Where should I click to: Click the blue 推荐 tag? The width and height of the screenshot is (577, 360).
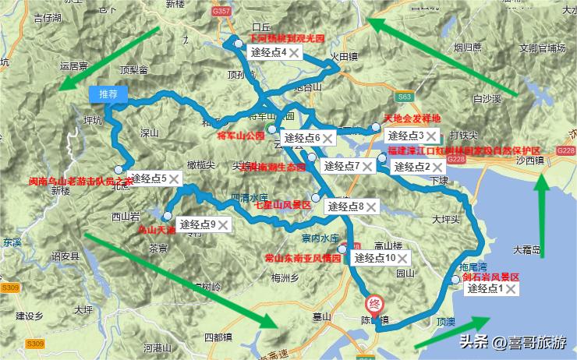[x=108, y=94]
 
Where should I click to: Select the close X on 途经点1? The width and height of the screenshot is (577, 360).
[x=510, y=289]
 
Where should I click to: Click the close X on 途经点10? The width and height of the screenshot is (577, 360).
[x=402, y=258]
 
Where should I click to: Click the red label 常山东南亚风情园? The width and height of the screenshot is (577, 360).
[x=303, y=256]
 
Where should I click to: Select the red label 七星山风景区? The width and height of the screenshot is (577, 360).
[x=283, y=205]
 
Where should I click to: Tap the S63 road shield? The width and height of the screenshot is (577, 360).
[x=403, y=97]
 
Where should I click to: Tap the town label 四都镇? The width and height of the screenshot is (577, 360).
[x=218, y=337]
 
